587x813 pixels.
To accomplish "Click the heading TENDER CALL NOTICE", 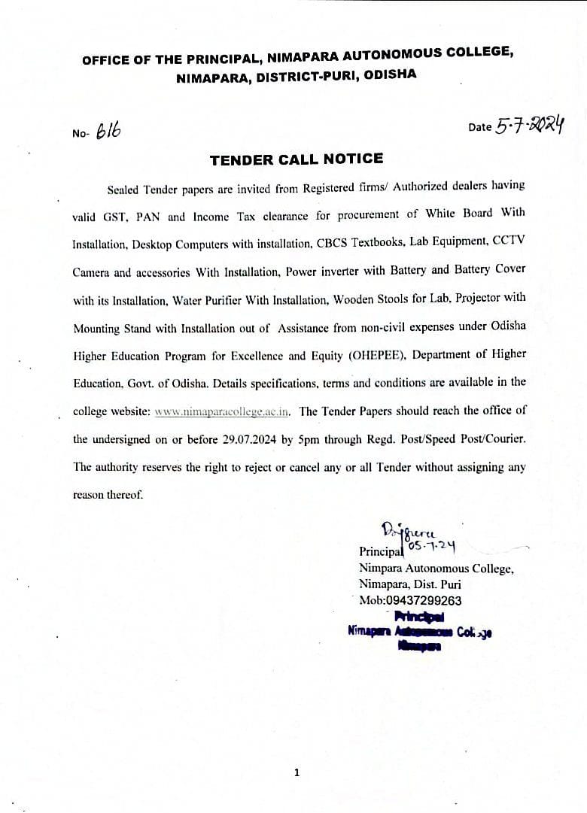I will coord(296,159).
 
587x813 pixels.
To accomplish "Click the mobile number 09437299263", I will coord(424,600).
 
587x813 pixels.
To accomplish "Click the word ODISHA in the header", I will coord(391,74).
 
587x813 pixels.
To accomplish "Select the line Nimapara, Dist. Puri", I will coord(409,584).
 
